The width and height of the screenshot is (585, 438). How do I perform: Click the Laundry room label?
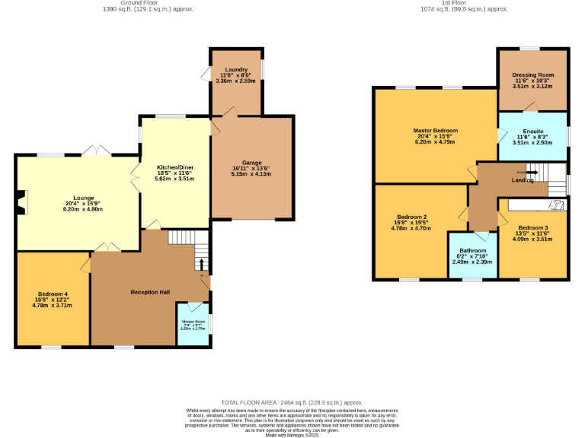(236, 70)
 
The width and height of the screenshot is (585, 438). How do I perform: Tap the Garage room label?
(251, 163)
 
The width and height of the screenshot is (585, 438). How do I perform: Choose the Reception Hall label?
(149, 292)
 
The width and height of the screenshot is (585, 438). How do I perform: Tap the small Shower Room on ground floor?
(193, 325)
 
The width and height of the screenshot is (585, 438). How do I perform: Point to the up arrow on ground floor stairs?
(201, 264)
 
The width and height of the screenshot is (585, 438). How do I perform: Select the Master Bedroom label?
(434, 130)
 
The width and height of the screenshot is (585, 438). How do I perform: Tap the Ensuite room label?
(532, 132)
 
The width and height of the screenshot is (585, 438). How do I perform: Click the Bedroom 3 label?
(532, 228)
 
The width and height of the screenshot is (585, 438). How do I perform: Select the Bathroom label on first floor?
(472, 250)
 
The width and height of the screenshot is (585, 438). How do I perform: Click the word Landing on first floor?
(523, 180)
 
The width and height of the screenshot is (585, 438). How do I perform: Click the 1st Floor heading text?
(464, 3)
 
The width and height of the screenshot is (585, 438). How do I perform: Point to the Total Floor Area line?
(292, 402)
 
